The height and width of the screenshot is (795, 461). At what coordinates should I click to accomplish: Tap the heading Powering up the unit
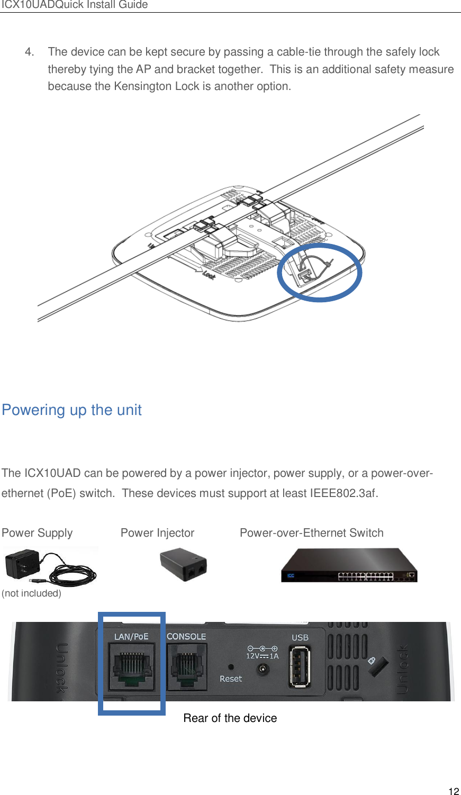click(71, 410)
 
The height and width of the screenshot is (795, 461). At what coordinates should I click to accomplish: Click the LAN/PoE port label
click(131, 636)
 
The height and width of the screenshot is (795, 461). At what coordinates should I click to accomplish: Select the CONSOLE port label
click(186, 636)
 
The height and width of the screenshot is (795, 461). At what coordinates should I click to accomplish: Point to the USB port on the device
click(299, 668)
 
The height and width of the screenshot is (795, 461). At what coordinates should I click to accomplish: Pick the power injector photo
click(183, 565)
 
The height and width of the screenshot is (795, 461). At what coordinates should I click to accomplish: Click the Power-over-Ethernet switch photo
click(349, 565)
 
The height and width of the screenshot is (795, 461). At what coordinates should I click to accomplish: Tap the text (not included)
click(31, 593)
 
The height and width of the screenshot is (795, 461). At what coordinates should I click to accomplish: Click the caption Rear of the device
click(230, 718)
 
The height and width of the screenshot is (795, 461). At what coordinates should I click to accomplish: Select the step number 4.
click(29, 52)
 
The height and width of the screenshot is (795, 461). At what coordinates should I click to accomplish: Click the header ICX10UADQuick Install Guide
click(74, 5)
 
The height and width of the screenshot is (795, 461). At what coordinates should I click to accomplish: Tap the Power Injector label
click(157, 533)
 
